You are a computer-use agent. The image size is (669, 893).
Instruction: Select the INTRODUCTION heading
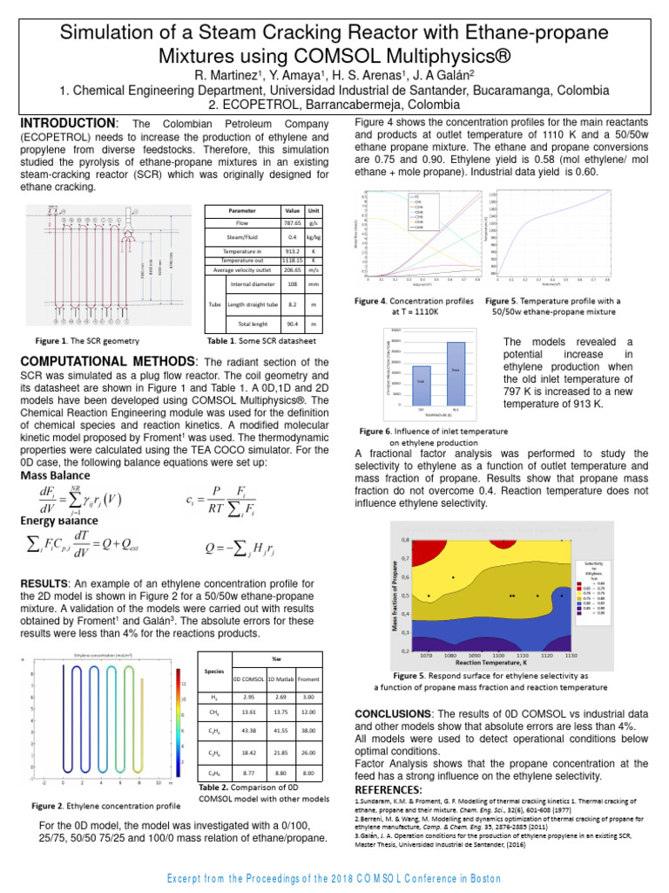pos(67,123)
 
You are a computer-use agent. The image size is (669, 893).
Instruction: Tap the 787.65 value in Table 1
pos(292,224)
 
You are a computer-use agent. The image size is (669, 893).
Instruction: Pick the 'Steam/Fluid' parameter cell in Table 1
pos(237,236)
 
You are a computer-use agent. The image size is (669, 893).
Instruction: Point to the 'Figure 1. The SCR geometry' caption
pos(86,340)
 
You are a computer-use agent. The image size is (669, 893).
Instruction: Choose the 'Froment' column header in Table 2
pos(307,678)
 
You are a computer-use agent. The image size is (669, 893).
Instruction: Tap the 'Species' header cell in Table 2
pos(213,672)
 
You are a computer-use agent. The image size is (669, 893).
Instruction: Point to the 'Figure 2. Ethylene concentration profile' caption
pos(105,806)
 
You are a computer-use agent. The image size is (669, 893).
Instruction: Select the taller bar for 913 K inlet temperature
pos(455,372)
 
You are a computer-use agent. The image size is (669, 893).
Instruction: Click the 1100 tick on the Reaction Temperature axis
pos(499,654)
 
